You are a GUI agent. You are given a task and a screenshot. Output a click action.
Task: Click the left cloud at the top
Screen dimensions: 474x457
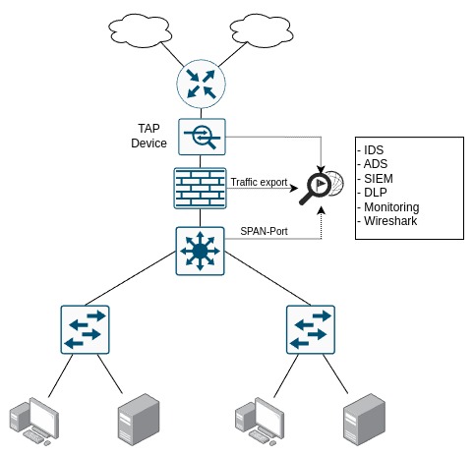tap(141, 30)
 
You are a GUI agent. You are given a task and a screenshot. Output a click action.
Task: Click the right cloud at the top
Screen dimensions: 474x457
tap(262, 30)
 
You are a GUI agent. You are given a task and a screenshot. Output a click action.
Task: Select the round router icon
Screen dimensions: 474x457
tap(202, 85)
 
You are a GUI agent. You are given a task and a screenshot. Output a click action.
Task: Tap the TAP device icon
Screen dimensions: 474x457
tap(202, 137)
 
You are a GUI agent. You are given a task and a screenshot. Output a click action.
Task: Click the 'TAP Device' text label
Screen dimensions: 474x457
tap(148, 136)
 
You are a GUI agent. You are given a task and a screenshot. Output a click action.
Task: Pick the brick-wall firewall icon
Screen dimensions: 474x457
tap(200, 188)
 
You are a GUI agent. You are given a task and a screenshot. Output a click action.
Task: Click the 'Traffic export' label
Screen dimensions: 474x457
tap(259, 182)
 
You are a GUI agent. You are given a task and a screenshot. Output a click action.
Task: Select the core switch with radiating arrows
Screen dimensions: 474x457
tap(200, 252)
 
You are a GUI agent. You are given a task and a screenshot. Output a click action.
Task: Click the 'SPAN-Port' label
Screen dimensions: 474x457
tap(264, 231)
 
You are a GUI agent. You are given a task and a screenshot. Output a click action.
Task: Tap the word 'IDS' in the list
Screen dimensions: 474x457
tap(374, 150)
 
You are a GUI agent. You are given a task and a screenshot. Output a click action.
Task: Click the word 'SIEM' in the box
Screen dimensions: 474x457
tap(379, 179)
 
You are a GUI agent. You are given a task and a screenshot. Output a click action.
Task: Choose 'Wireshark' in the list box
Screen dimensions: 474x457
tap(390, 221)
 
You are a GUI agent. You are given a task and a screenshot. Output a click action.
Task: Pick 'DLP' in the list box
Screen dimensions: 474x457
tap(376, 193)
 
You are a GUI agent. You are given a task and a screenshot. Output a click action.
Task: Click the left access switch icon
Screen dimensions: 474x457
tap(85, 329)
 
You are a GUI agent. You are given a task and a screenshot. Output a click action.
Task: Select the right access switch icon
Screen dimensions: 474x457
tap(311, 329)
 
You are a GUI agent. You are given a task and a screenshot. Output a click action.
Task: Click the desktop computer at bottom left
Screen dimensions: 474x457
tap(34, 422)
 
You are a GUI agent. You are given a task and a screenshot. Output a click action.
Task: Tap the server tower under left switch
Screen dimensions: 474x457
tap(139, 420)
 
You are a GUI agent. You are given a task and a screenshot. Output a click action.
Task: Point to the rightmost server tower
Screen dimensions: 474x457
tap(364, 420)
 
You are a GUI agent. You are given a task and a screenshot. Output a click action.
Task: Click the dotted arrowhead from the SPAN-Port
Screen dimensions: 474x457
tap(322, 210)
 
